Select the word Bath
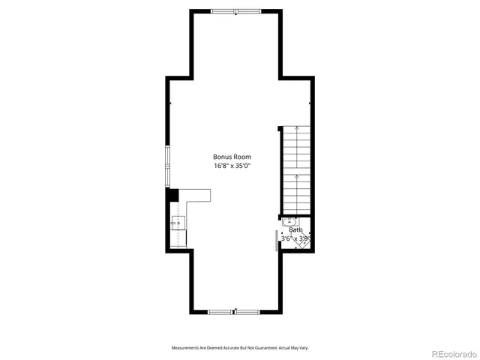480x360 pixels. click(x=285, y=230)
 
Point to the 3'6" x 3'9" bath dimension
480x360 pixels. click(x=295, y=238)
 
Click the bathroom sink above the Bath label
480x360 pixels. click(x=289, y=222)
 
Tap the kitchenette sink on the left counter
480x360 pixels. click(x=178, y=223)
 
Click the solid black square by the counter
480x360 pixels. click(x=172, y=194)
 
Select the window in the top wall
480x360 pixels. click(x=234, y=11)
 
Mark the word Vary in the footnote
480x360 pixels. click(x=304, y=348)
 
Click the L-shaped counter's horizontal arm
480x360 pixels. click(x=196, y=195)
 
